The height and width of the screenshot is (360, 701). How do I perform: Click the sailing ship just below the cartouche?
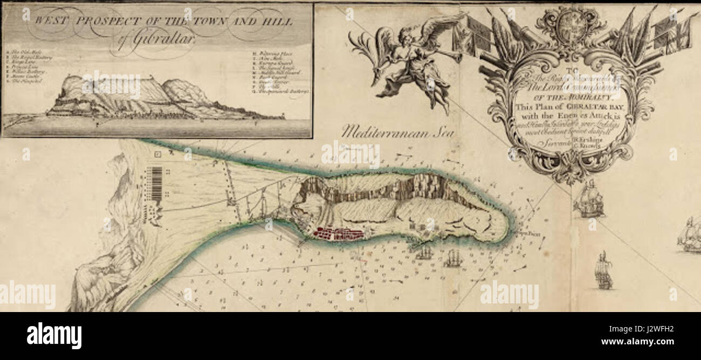pyautogui.click(x=588, y=199)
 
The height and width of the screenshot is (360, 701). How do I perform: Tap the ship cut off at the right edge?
pyautogui.click(x=690, y=235)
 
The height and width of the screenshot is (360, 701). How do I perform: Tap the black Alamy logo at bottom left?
pyautogui.click(x=54, y=336)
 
